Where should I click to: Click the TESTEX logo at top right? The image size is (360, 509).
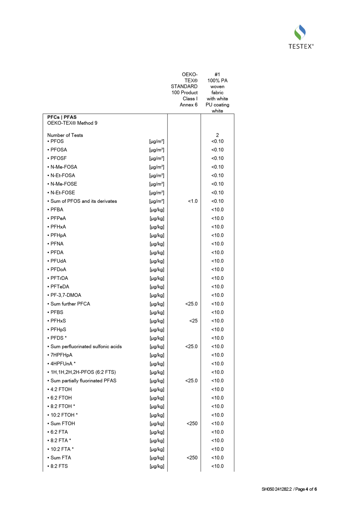pos(301,37)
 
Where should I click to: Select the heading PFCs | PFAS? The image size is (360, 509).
pos(62,117)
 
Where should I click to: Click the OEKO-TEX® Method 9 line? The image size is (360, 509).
pos(72,123)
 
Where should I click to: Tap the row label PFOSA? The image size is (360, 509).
pos(59,150)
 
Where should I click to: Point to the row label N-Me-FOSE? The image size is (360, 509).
pos(64,184)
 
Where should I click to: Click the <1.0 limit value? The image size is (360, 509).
pos(193,201)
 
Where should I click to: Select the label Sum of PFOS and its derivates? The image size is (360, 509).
pos(84,201)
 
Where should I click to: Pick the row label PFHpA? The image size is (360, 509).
pos(58,235)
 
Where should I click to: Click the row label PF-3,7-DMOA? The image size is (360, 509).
pos(66,295)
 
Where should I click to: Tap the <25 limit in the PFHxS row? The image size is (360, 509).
pos(193,321)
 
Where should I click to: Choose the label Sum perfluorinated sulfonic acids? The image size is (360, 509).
pos(86,347)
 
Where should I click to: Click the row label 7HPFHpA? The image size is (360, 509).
pos(61,355)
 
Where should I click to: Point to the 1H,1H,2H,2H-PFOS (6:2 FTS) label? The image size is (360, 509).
pos(83,372)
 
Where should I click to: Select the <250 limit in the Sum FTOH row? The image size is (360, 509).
pos(192,424)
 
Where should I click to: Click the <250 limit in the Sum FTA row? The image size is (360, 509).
pos(192,458)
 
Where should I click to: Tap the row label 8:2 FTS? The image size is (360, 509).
pos(59,466)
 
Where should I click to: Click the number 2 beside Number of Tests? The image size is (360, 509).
pos(217,135)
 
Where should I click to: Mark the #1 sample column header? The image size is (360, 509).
pos(217,74)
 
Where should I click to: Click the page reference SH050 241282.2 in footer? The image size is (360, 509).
pos(277,489)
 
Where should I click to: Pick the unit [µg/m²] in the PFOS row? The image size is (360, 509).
pos(157,141)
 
